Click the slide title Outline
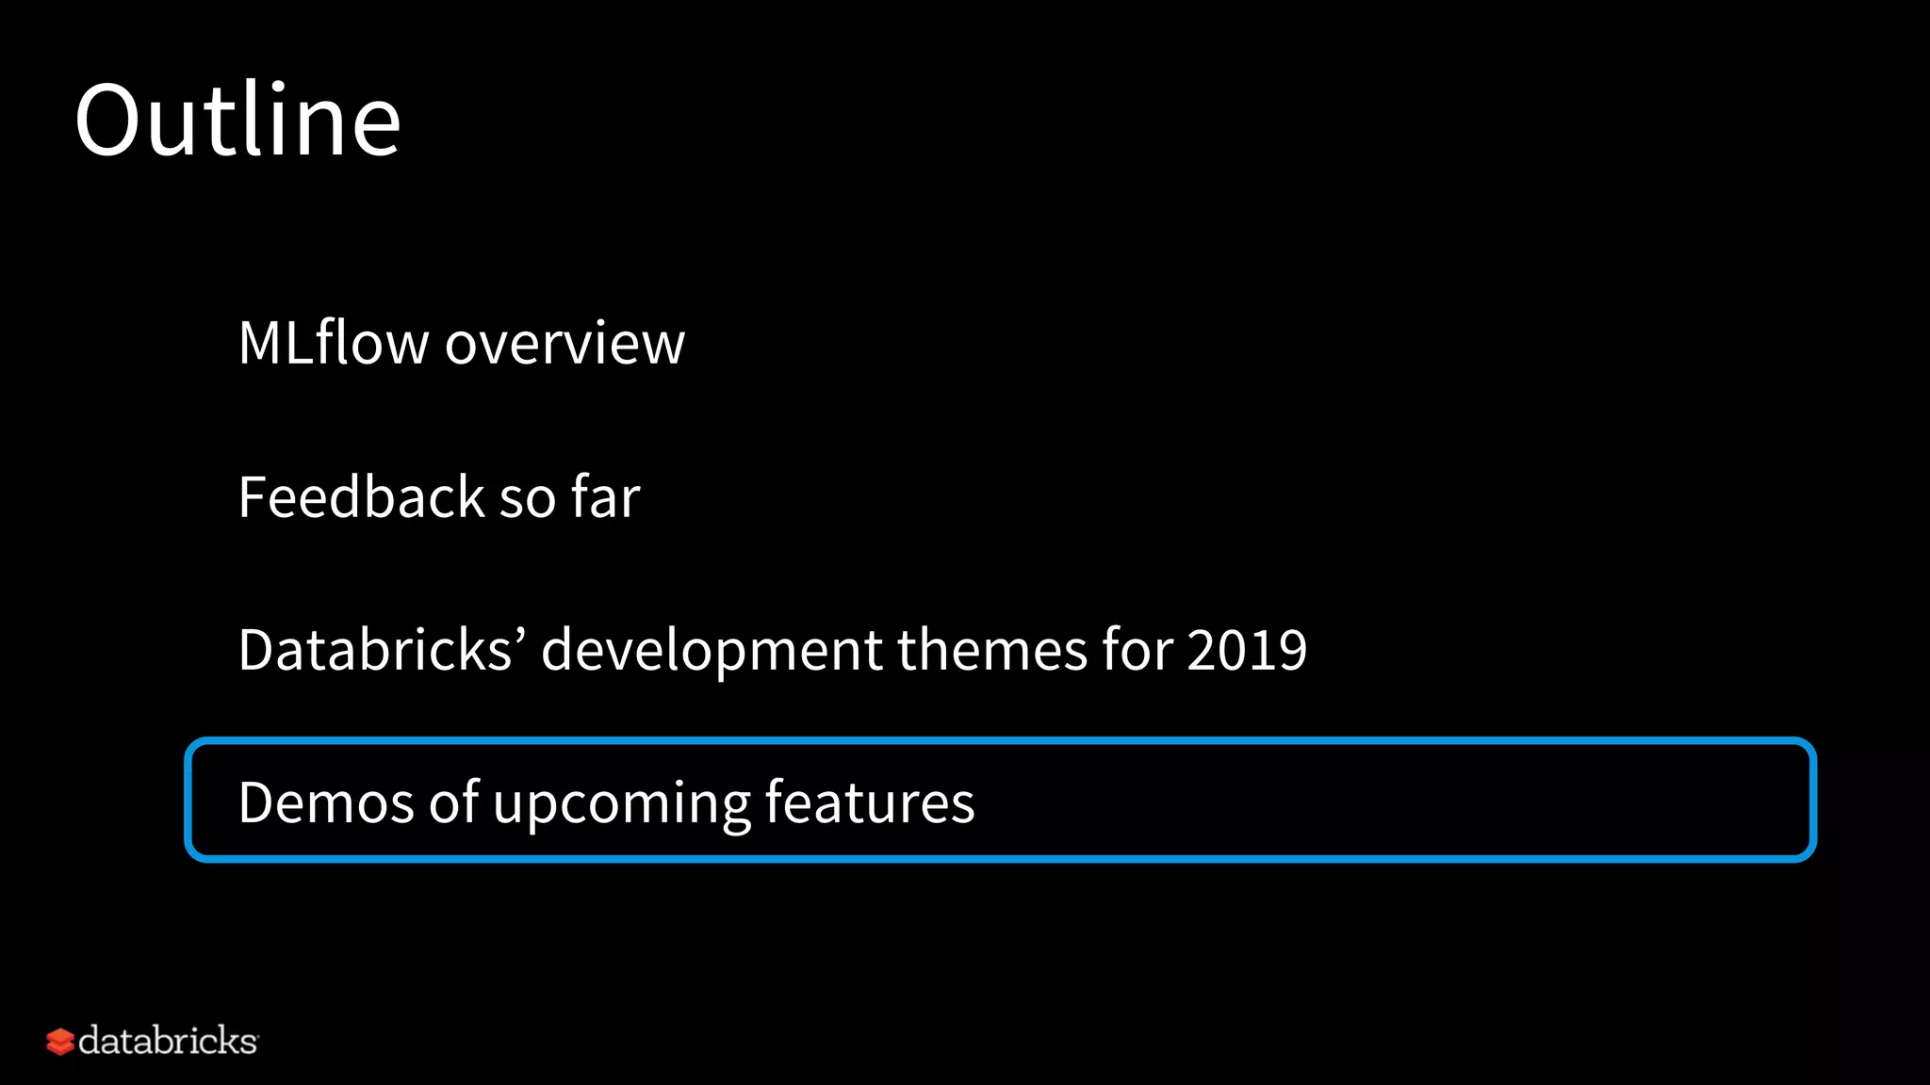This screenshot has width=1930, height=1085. point(237,121)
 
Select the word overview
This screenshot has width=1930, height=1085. point(564,345)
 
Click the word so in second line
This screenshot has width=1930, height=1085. point(527,499)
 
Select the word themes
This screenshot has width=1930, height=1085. point(992,649)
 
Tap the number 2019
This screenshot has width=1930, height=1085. point(1246,649)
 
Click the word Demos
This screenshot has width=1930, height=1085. point(326,802)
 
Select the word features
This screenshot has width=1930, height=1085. point(869,802)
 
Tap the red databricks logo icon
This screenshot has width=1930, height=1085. point(59,1042)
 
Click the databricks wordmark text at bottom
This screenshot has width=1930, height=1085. point(168,1041)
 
